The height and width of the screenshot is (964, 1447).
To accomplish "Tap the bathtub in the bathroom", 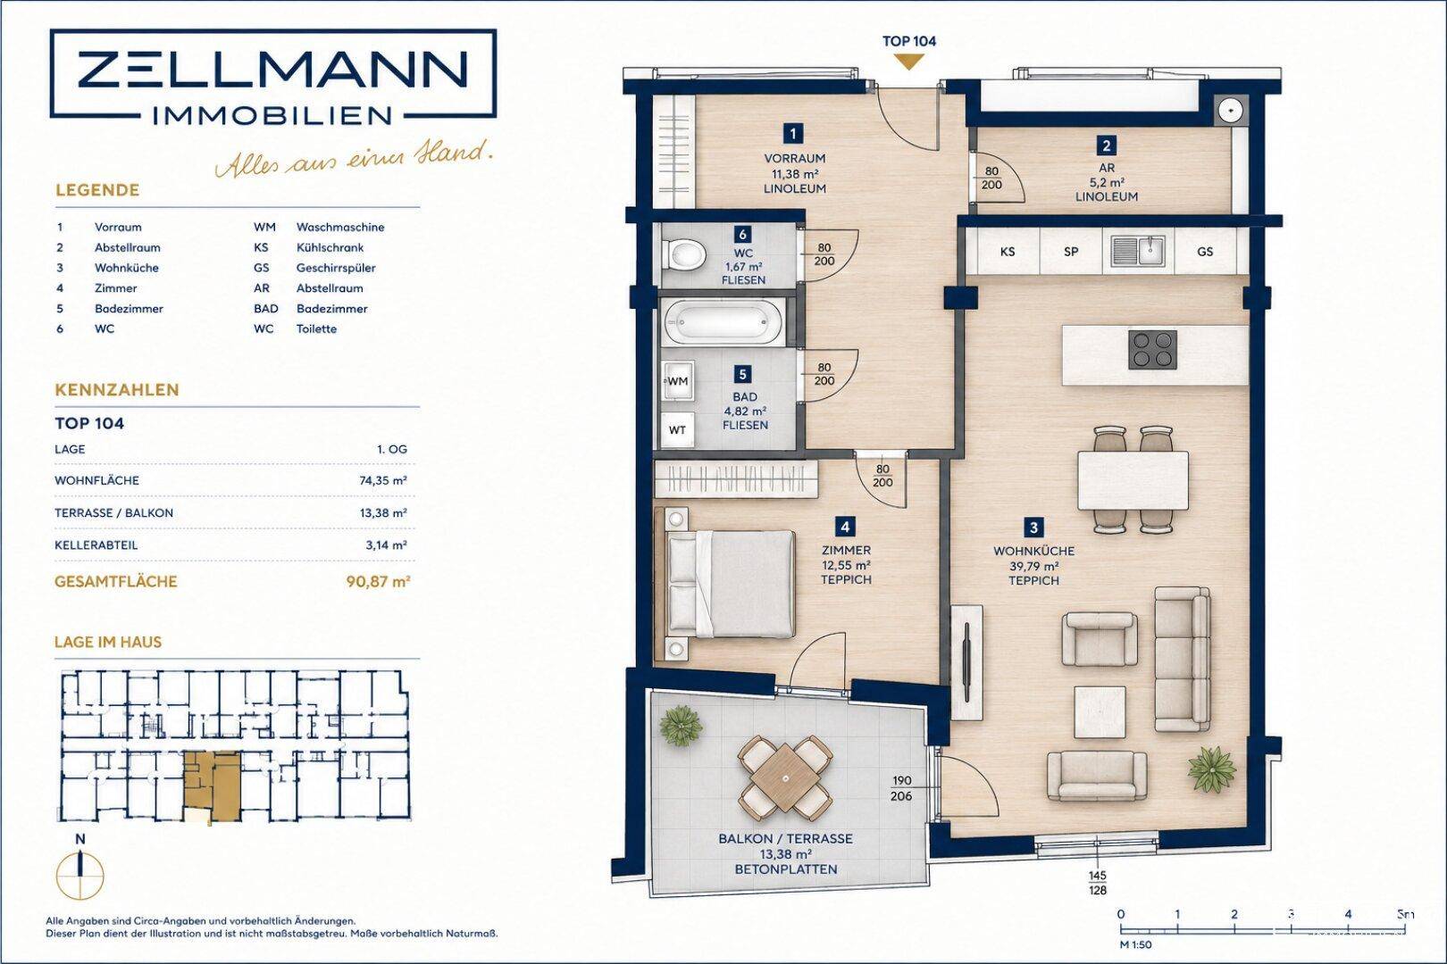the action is pos(723,321).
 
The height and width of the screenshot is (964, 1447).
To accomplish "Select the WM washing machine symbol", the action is pos(677,381).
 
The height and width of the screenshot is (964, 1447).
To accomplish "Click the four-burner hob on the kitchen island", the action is pos(1152,350).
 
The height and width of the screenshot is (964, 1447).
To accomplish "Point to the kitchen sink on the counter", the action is pos(1138,252).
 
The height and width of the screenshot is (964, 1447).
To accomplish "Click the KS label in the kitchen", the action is pos(1007,252).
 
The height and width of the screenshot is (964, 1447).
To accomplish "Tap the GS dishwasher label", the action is pos(1205,252).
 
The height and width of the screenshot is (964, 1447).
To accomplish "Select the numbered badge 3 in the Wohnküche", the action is pos(1033,528).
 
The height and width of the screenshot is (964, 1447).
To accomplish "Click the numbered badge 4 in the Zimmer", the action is pos(846,527).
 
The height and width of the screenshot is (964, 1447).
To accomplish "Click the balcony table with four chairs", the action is pos(785,777).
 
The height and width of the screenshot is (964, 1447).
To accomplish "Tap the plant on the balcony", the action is pos(681,725).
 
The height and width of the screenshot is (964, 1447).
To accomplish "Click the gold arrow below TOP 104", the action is pos(909,62).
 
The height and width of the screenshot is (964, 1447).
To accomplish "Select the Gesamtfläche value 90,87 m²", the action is pos(379,582).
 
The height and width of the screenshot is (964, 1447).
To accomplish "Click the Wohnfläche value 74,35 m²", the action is pos(384,480).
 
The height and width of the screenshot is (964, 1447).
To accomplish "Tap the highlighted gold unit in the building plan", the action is pos(212,785).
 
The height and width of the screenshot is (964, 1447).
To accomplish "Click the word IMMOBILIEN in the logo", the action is pos(272,116).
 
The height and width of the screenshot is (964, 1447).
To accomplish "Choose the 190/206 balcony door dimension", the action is pos(901,789).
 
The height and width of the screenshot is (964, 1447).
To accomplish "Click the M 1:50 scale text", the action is pos(1135,944).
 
